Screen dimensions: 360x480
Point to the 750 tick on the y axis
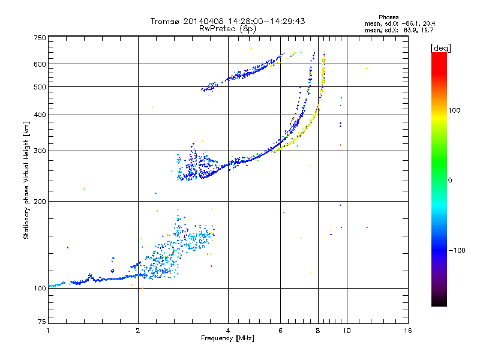pos(40,38)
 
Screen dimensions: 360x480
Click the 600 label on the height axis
pos(40,64)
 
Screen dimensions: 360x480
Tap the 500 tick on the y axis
pos(40,87)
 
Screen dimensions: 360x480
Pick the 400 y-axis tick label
pos(40,115)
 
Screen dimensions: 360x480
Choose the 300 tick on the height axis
pos(40,151)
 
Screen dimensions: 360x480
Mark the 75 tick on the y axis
pos(42,323)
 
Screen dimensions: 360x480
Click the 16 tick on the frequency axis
pos(407,331)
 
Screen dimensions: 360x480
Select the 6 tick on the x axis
pos(280,331)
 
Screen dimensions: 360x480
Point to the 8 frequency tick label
pos(318,331)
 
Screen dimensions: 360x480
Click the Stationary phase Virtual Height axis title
pos(27,180)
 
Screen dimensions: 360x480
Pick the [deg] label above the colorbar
pos(440,47)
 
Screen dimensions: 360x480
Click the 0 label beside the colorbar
pos(450,180)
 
